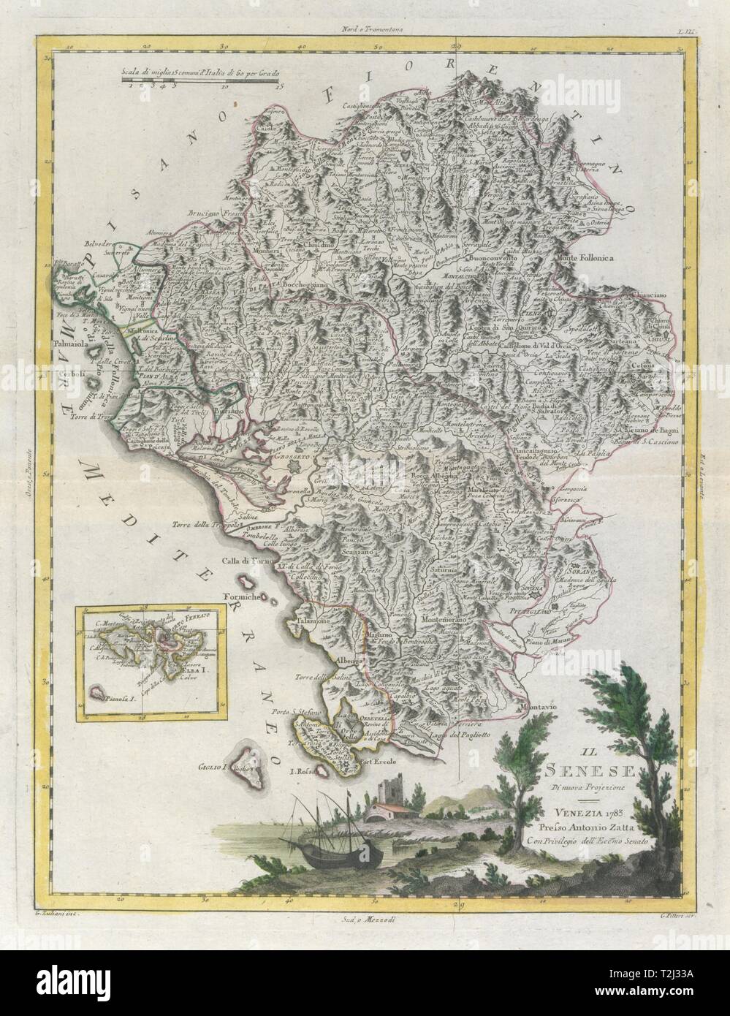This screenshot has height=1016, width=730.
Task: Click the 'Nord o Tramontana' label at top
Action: (x=374, y=10)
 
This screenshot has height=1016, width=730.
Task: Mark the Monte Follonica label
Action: (x=590, y=257)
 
